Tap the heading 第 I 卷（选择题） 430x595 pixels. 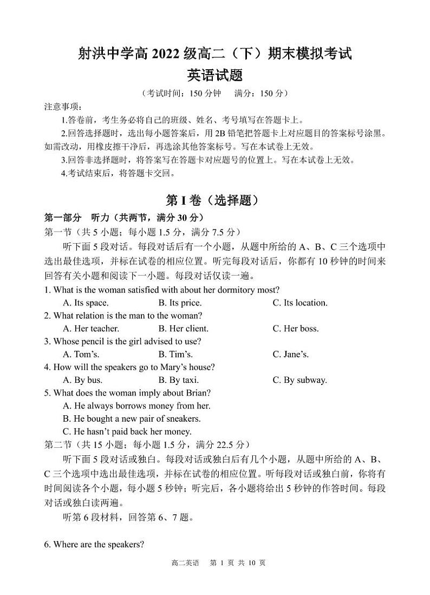[215, 200]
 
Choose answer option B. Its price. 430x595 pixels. [180, 303]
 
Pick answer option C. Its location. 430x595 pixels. [300, 303]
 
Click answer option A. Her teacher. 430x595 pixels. [91, 329]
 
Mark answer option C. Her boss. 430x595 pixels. [296, 329]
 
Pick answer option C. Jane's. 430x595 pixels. [291, 355]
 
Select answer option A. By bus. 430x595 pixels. [83, 380]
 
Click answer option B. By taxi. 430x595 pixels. [178, 380]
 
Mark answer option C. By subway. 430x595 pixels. [300, 380]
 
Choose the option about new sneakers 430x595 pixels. [132, 419]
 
